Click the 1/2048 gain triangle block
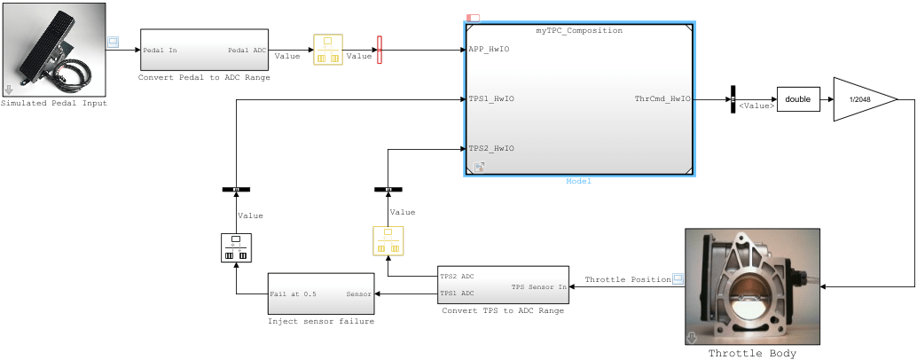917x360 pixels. [x=860, y=99]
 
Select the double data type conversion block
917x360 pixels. [x=797, y=99]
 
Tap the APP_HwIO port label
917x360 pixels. [x=490, y=50]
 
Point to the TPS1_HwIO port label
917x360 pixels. [x=492, y=99]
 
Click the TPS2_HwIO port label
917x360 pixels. [x=492, y=148]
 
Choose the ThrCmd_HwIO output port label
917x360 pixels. [x=662, y=99]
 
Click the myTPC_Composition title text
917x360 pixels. [x=578, y=30]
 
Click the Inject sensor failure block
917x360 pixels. [x=320, y=293]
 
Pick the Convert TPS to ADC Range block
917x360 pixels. [x=502, y=285]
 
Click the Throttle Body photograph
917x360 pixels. [x=752, y=286]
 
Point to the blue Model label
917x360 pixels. [x=578, y=181]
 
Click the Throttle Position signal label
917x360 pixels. [x=627, y=280]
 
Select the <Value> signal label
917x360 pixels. [x=756, y=106]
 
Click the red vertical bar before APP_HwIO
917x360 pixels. [x=380, y=50]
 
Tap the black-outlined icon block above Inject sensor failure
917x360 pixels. [x=236, y=248]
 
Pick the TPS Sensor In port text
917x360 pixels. [x=538, y=286]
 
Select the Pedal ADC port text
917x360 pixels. [x=247, y=51]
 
